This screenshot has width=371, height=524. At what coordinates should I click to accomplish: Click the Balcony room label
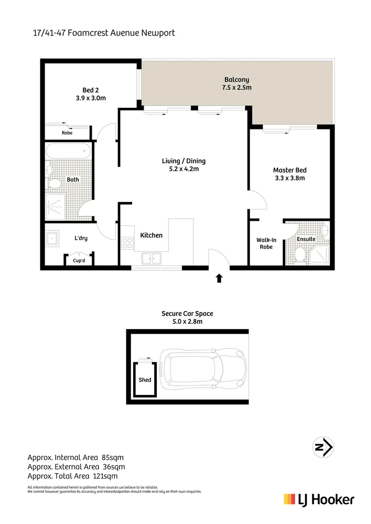(x=237, y=80)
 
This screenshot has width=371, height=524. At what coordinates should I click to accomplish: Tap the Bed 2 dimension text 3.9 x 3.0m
(x=87, y=98)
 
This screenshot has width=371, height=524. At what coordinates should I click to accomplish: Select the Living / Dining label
(x=184, y=161)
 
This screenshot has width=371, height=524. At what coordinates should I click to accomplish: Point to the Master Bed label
(x=289, y=170)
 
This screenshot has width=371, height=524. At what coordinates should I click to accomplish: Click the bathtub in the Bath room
(x=68, y=151)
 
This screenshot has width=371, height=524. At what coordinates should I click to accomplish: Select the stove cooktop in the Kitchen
(x=128, y=243)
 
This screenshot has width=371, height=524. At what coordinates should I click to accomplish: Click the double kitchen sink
(x=152, y=258)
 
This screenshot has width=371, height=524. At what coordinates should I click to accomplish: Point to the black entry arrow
(x=219, y=278)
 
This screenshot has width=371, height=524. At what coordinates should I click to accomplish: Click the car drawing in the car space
(x=203, y=368)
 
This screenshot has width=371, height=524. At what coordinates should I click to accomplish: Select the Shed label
(x=145, y=380)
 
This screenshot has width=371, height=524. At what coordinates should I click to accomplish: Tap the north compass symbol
(x=323, y=447)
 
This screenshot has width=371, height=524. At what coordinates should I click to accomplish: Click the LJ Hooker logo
(x=319, y=500)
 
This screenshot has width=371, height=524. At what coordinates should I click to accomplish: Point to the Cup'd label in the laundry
(x=79, y=261)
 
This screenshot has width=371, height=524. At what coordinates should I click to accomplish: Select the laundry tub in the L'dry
(x=52, y=238)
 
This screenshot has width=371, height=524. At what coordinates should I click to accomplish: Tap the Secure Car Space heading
(x=187, y=313)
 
